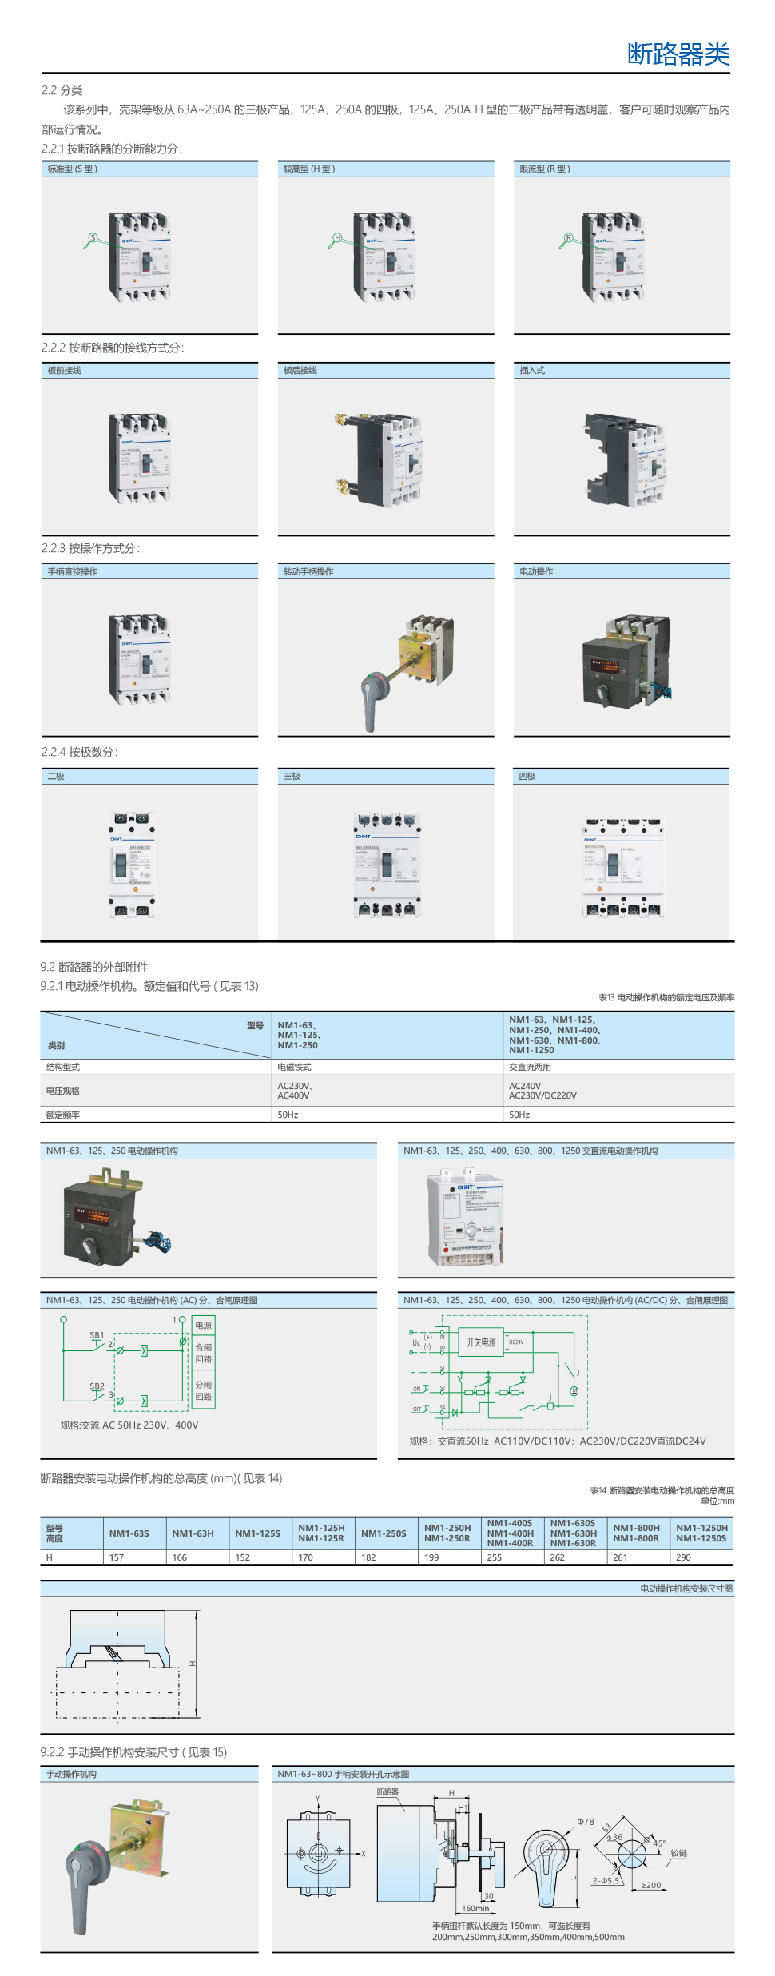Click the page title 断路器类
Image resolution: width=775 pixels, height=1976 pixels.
pos(678,54)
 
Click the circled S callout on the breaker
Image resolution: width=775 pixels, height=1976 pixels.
pos(93,237)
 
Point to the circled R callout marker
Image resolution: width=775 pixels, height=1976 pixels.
pos(568,237)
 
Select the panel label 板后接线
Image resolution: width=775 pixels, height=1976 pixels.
pos(300,371)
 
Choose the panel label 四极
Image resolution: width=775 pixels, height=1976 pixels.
pos(527,777)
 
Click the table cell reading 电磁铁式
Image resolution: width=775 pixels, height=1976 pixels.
pos(294,1068)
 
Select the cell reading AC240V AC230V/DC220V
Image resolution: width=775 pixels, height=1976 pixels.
pos(542,1091)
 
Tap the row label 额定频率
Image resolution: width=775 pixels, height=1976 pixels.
pos(63,1115)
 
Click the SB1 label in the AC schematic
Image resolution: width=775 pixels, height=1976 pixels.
pos(97,1335)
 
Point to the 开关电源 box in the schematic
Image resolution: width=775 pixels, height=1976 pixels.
pos(481,1342)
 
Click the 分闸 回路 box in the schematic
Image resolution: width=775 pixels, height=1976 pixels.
pos(204,1391)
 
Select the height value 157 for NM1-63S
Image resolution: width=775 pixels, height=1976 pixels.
pos(117,1557)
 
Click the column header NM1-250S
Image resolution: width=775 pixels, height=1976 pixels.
pos(384,1533)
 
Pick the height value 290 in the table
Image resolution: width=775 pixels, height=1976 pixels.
pos(683,1557)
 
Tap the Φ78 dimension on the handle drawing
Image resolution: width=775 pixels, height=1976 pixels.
pos(586,1822)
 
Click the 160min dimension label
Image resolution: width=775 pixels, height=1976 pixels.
pos(475,1909)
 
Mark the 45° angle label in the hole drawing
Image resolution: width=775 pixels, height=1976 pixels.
pos(658,1843)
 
